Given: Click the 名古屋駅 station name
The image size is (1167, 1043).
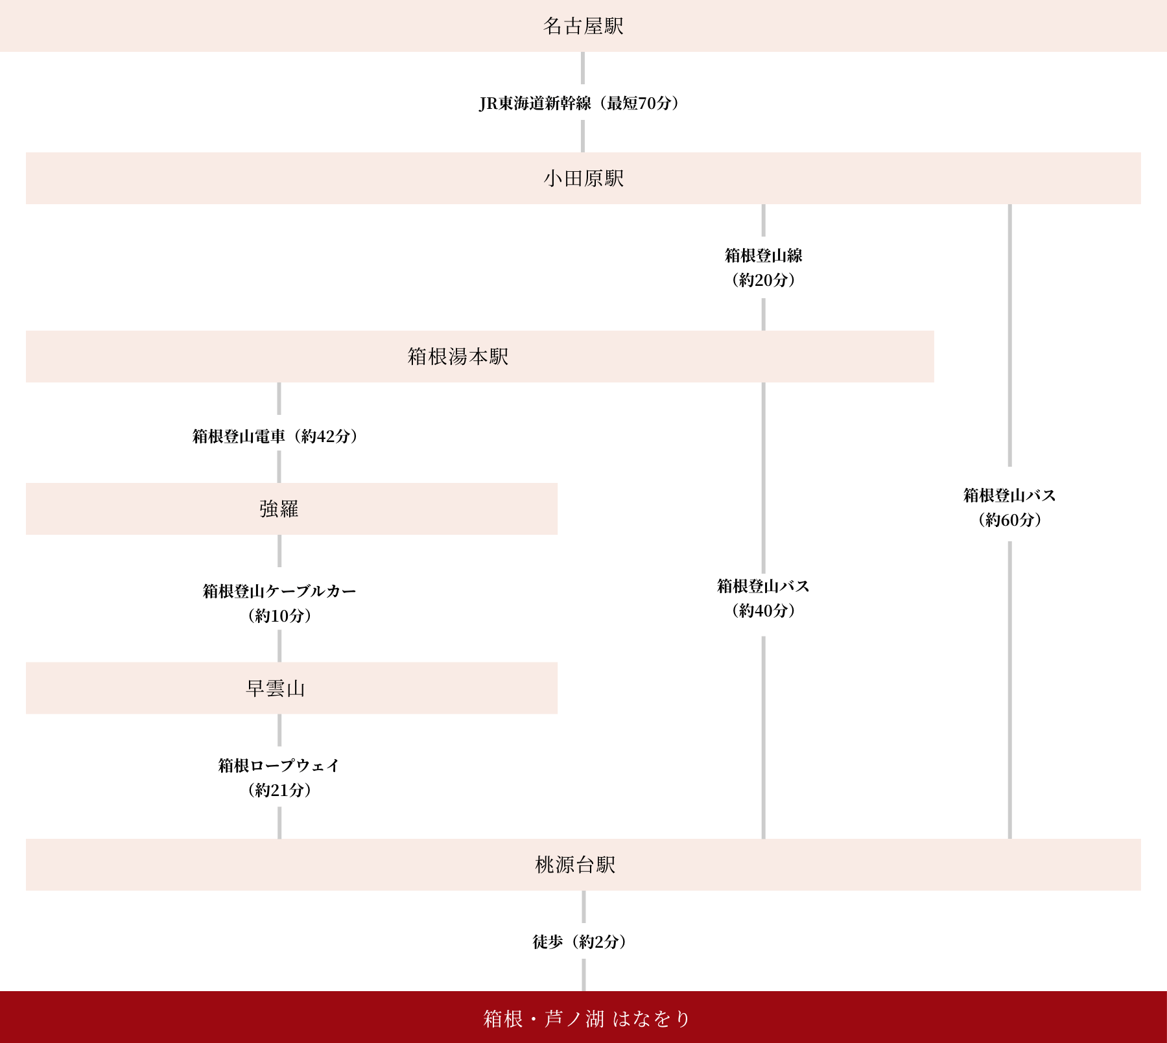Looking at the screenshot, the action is tap(583, 26).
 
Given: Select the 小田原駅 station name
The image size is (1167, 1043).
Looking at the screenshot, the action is tap(583, 178).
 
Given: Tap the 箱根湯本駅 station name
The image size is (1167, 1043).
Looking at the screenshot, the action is tap(458, 357).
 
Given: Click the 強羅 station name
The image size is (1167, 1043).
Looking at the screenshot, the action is tap(279, 509).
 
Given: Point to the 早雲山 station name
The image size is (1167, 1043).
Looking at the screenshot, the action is tap(276, 688).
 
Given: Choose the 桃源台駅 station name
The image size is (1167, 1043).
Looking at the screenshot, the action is tap(575, 865).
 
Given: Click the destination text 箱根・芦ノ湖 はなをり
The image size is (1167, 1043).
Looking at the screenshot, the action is tap(587, 1019).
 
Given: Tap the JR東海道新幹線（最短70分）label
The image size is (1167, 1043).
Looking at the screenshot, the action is tap(579, 103).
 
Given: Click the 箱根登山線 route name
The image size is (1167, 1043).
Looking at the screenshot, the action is tap(763, 255).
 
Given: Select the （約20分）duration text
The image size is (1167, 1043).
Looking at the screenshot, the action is tap(763, 280).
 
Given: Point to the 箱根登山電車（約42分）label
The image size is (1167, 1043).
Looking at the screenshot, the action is tap(275, 436).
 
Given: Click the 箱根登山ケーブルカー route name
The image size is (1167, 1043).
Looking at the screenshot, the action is tap(279, 591).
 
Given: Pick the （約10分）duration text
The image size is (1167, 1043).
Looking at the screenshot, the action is tap(279, 616).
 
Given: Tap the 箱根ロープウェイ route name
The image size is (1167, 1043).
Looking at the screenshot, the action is tap(279, 766).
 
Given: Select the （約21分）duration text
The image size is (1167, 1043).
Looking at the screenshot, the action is tap(279, 790).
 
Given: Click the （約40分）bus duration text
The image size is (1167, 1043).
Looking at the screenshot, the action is tap(763, 611).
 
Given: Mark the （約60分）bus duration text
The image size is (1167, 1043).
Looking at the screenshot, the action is tap(1009, 520).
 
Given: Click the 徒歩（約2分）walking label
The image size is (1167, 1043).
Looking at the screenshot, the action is tap(580, 942).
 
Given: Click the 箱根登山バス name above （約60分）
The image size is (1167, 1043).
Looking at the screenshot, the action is tap(1009, 495).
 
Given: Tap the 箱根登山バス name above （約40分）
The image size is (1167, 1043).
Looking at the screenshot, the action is tap(763, 586).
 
